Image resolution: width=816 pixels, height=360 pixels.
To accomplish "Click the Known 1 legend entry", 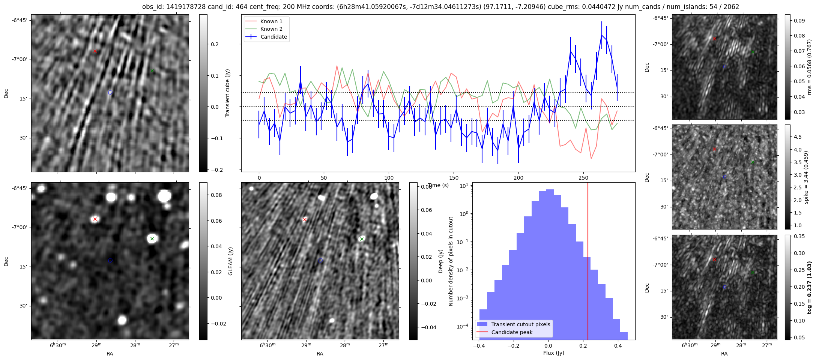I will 271,21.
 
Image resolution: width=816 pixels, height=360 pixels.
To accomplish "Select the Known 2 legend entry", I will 271,29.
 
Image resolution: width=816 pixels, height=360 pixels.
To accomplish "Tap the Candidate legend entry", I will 274,37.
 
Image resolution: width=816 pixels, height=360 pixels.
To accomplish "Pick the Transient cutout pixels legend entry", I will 520,324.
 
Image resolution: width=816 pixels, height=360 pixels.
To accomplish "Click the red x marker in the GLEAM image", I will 95,219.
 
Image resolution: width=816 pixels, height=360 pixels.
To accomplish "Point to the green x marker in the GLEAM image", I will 152,238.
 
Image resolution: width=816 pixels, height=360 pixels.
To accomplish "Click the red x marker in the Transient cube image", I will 95,51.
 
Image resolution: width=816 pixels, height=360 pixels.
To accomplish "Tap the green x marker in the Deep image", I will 362,239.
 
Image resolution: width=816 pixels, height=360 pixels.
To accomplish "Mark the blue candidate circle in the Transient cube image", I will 110,93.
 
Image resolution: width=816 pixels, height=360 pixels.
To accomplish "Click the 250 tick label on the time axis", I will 583,178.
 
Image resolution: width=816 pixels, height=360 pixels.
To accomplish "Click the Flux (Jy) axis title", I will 553,353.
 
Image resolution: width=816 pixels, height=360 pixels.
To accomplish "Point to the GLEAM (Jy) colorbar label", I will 230,261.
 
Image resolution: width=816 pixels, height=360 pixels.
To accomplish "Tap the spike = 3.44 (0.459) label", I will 806,177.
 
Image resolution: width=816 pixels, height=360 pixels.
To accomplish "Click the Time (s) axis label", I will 438,185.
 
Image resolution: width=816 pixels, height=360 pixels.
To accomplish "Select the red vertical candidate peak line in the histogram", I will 588,262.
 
